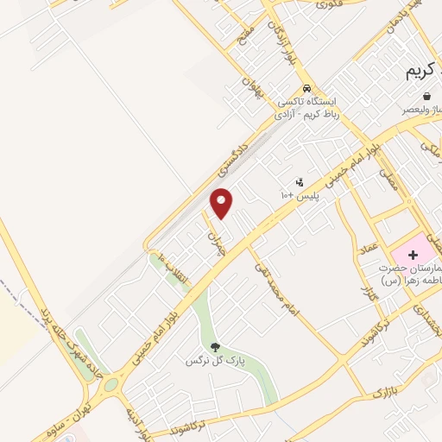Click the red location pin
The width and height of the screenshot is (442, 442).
(223, 203)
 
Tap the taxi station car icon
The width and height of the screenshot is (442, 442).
(306, 88)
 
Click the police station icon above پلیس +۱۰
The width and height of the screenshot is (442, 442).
(299, 182)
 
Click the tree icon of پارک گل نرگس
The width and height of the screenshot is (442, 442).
(215, 346)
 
